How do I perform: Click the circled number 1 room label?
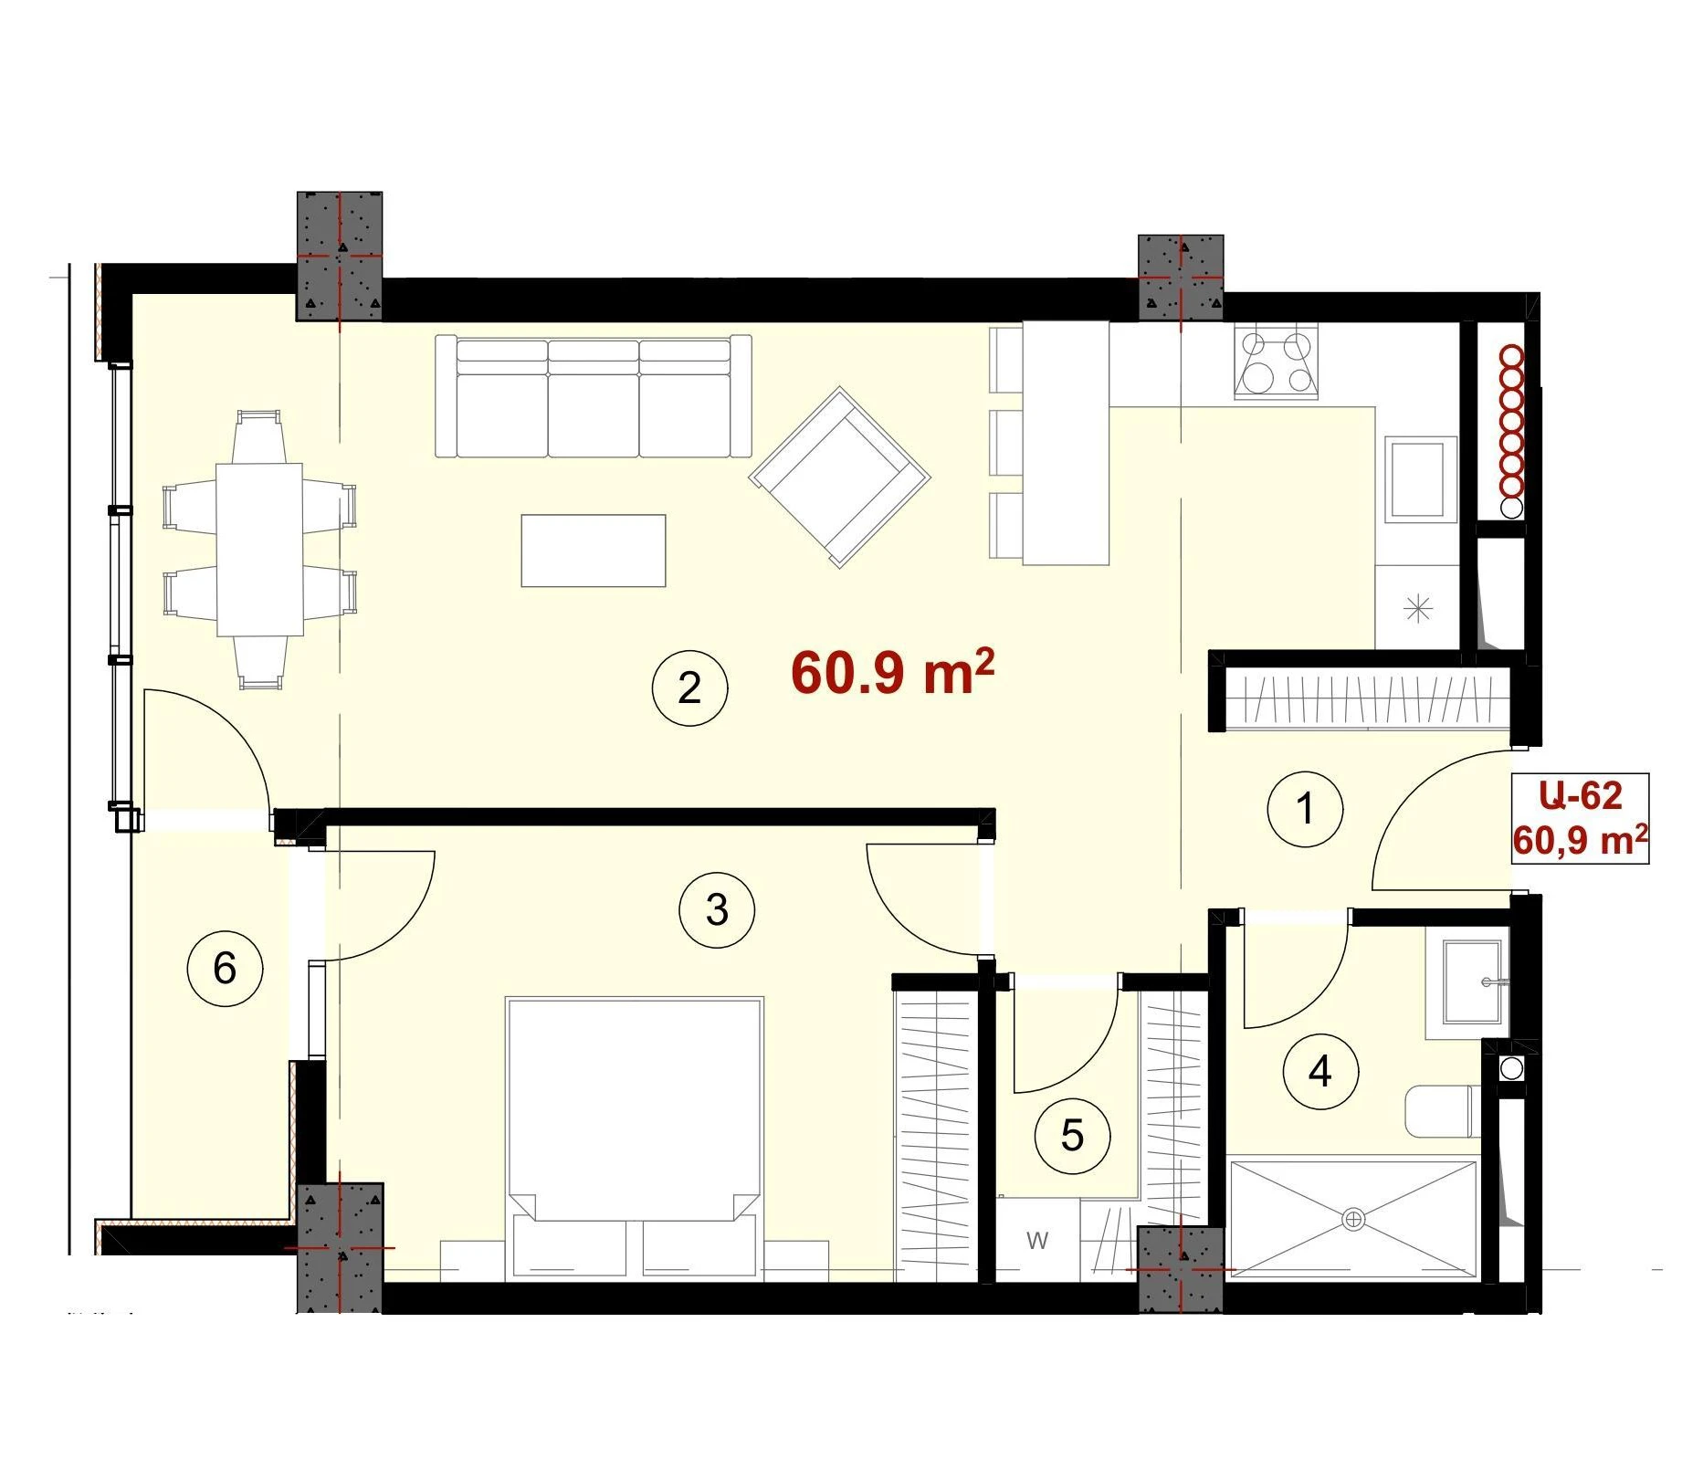[x=1305, y=809]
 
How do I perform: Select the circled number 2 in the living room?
[x=689, y=688]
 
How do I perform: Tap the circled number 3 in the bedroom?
[x=717, y=909]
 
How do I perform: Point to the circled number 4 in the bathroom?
[x=1320, y=1071]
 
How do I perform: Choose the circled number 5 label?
[x=1072, y=1136]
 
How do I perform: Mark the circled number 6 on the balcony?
[x=225, y=968]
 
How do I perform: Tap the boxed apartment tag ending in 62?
[x=1581, y=818]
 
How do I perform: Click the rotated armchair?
[x=839, y=477]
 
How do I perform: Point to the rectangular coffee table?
[x=594, y=551]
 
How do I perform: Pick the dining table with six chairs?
[x=259, y=550]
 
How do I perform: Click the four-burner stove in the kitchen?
[x=1277, y=361]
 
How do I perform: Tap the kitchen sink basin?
[x=1421, y=479]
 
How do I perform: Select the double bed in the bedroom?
[x=635, y=1137]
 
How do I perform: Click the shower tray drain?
[x=1353, y=1219]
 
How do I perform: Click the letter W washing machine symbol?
[x=1037, y=1241]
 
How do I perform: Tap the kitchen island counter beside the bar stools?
[x=1066, y=443]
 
